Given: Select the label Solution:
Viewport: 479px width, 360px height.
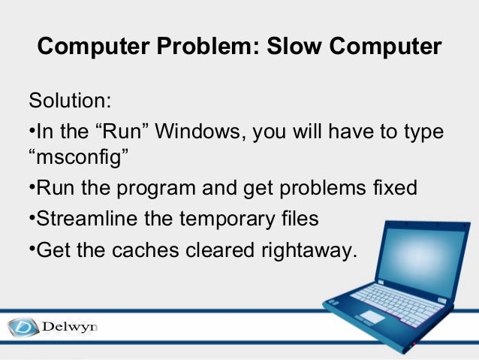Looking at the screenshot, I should [69, 101].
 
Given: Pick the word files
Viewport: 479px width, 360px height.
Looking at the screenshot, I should [297, 219].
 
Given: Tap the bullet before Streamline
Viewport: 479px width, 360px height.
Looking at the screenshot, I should [32, 217].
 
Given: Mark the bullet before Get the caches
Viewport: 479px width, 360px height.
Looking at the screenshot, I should [32, 247].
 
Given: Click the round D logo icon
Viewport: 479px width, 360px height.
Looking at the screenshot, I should [22, 328].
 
